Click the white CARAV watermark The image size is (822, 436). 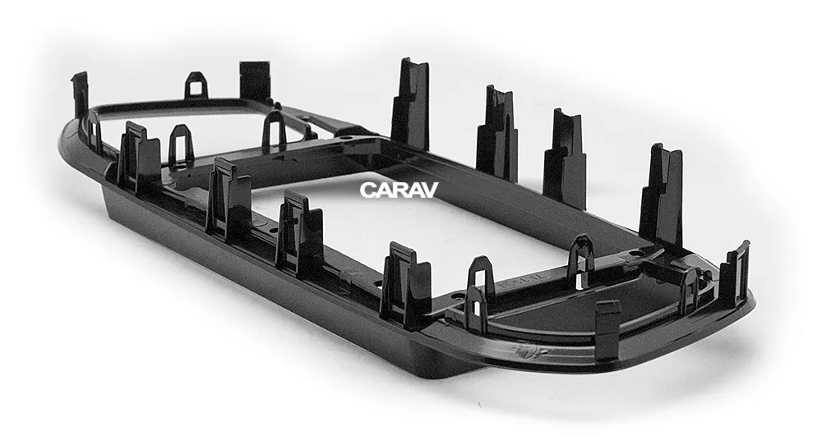399,190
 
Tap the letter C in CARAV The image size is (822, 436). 367,190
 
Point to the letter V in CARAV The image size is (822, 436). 429,190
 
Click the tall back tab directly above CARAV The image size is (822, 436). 410,104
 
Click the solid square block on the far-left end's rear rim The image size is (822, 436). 255,80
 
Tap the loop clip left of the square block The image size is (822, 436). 196,86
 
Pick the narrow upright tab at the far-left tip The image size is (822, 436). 81,95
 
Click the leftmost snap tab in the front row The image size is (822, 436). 138,157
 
